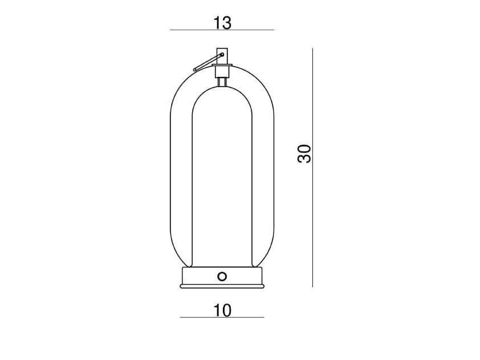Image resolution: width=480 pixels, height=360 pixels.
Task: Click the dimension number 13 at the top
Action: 222,23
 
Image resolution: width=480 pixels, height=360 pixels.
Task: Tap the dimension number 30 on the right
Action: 306,154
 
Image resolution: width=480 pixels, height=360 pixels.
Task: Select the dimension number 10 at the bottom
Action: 222,310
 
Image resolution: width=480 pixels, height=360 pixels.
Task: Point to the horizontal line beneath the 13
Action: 222,30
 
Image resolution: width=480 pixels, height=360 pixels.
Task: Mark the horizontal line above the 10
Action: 222,317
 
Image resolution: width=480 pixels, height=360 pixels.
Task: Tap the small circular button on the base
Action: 222,276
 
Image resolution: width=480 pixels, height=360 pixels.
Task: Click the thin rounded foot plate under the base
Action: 222,287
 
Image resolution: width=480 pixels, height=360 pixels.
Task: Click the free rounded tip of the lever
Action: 196,69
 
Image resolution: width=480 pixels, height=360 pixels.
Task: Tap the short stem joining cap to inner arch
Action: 222,83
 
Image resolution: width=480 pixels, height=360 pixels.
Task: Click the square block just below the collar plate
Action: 222,73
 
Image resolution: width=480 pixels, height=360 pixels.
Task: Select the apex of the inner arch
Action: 222,89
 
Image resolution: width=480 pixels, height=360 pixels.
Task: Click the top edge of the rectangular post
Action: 222,48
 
